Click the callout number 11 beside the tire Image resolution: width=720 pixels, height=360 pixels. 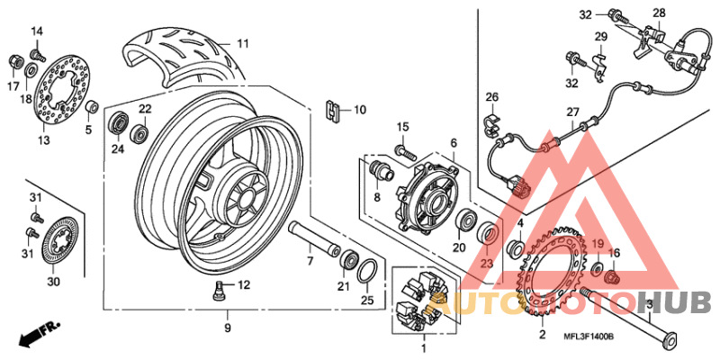242,43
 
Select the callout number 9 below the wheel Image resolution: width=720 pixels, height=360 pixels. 228,328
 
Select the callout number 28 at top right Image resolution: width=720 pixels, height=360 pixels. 659,13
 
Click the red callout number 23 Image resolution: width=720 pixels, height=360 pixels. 487,264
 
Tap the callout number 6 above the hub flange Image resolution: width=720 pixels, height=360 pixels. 454,143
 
